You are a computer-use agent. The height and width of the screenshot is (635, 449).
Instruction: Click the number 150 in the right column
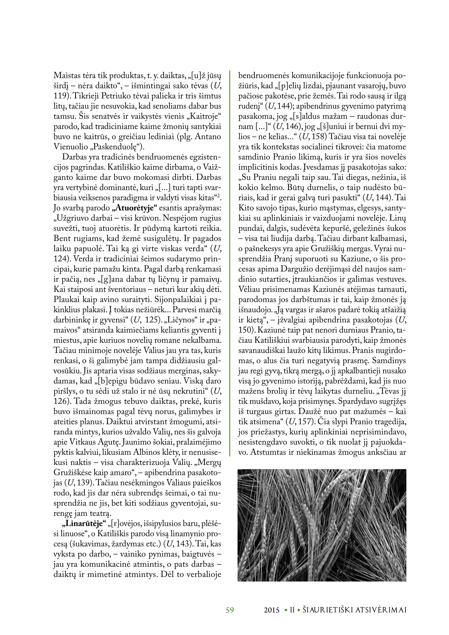[x=245, y=330]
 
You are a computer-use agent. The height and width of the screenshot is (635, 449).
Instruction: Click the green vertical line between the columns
[x=230, y=263]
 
